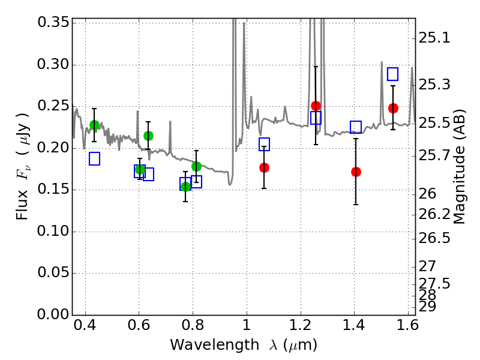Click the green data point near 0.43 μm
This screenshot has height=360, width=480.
95,125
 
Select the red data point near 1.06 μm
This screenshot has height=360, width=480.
264,167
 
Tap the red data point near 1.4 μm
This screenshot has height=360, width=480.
356,172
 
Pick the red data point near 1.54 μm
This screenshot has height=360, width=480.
393,108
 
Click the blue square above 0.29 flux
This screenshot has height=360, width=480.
393,74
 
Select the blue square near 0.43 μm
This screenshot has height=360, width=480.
95,158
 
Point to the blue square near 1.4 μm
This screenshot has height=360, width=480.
356,127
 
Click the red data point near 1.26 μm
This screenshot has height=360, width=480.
316,106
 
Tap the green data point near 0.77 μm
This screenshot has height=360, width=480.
185,187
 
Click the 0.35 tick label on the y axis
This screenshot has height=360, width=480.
53,22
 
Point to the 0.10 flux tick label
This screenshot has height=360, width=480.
53,231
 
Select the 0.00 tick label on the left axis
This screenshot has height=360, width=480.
53,314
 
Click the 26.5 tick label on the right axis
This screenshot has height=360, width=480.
434,238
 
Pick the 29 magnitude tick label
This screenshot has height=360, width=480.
427,307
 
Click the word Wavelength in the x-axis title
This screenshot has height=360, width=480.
215,345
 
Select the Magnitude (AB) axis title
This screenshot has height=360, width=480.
458,166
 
